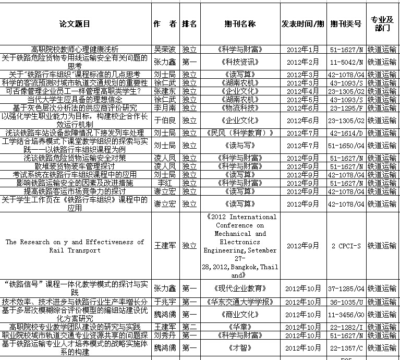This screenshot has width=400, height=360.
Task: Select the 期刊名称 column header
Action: [x=239, y=24]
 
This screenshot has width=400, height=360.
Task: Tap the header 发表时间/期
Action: [x=302, y=24]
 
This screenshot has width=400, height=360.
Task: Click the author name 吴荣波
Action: [x=165, y=50]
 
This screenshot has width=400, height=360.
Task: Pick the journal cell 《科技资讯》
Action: [x=239, y=62]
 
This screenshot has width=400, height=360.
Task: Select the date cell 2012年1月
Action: [x=302, y=50]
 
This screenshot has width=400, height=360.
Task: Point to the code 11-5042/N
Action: [x=346, y=62]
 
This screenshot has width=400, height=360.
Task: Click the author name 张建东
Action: [x=165, y=91]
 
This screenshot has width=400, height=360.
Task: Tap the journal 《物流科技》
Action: [x=239, y=107]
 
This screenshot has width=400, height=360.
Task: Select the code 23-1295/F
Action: [x=346, y=107]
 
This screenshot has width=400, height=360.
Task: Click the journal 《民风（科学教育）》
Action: [x=239, y=133]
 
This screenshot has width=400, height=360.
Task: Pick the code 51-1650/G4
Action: [x=346, y=145]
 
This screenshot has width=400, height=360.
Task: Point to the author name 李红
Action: [x=165, y=183]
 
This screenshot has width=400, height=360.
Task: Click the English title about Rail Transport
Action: [x=75, y=246]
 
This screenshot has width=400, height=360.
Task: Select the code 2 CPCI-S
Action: [x=346, y=246]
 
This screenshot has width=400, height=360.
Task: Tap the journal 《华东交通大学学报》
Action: [x=239, y=302]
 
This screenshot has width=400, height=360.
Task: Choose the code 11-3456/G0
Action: [x=346, y=315]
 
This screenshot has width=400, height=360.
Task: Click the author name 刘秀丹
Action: [x=165, y=335]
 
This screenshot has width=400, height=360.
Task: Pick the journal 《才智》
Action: [x=239, y=347]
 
